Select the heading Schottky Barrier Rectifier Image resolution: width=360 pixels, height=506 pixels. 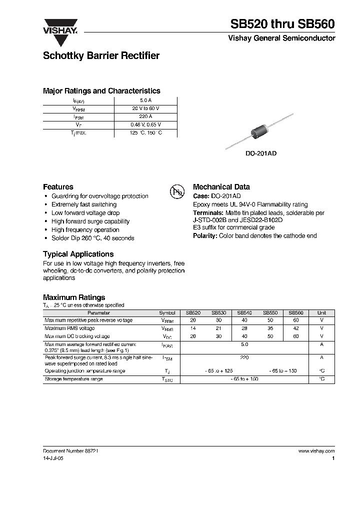pyautogui.click(x=101, y=56)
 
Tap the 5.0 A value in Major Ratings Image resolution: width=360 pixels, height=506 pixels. pyautogui.click(x=145, y=100)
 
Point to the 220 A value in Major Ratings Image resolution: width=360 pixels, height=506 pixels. pyautogui.click(x=145, y=116)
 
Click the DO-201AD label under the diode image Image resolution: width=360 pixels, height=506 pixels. pyautogui.click(x=260, y=154)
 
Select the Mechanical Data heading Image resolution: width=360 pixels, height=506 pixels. pyautogui.click(x=221, y=187)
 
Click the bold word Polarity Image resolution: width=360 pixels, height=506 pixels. pyautogui.click(x=205, y=235)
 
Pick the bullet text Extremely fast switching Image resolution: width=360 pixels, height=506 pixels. pyautogui.click(x=84, y=204)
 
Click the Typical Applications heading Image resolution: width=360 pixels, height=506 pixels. pyautogui.click(x=78, y=254)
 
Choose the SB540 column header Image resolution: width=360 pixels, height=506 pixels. pyautogui.click(x=244, y=312)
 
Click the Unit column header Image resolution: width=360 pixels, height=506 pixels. pyautogui.click(x=321, y=312)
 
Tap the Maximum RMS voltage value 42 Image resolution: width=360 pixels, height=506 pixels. pyautogui.click(x=296, y=328)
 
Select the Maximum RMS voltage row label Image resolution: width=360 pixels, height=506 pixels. pyautogui.click(x=69, y=328)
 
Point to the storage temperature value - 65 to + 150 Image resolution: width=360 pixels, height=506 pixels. pyautogui.click(x=244, y=379)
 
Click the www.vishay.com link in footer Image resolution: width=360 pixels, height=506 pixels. pyautogui.click(x=316, y=450)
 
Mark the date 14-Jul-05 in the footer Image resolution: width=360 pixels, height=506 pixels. pyautogui.click(x=53, y=457)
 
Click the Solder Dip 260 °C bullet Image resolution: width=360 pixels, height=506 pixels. pyautogui.click(x=92, y=238)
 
